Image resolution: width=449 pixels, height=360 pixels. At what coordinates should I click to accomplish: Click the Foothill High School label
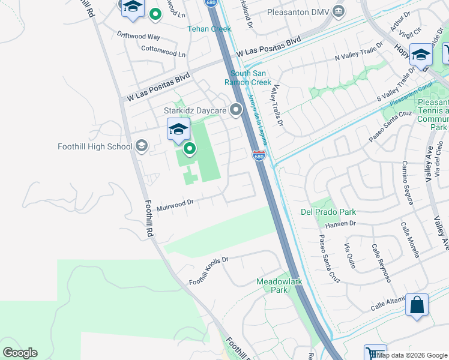coord(95,146)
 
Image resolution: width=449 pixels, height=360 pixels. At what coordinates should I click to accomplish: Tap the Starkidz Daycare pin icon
coord(236,110)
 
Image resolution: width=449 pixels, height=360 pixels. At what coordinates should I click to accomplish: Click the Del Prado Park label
coord(328,212)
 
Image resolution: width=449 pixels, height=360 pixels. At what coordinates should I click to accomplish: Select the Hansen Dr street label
coord(340,224)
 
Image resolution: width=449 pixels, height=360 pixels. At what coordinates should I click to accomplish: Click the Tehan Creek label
coord(209,29)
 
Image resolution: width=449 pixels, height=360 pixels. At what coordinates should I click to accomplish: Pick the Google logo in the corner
coord(20,353)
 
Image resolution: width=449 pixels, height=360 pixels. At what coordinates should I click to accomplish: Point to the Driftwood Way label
coord(139,36)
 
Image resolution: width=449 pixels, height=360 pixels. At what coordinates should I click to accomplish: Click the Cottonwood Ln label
coord(163,52)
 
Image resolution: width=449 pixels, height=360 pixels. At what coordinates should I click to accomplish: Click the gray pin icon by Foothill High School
coord(142,146)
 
